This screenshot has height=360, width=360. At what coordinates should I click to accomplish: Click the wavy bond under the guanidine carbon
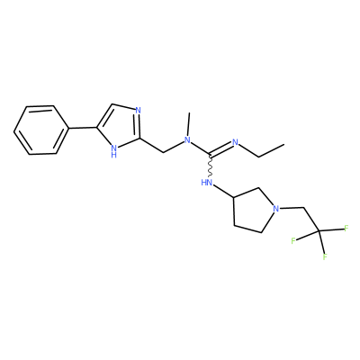211,166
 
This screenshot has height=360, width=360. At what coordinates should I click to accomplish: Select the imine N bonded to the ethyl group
235,142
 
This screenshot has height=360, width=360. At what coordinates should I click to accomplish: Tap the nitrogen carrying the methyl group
187,139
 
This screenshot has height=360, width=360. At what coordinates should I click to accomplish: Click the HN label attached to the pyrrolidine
207,182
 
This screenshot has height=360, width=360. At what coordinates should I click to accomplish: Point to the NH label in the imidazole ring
113,151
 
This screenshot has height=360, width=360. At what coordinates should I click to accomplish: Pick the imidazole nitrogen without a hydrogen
138,110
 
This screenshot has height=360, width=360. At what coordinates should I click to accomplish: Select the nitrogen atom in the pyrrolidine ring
276,208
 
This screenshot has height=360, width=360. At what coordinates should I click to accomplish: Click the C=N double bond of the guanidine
221,149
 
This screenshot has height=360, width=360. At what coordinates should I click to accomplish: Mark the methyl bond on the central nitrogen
189,123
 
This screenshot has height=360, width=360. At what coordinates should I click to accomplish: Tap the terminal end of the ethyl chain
283,145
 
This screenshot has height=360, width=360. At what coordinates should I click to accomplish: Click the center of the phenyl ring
40,130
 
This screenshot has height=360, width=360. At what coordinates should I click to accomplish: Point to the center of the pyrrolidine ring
254,211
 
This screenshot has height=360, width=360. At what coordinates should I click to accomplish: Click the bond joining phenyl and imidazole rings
82,129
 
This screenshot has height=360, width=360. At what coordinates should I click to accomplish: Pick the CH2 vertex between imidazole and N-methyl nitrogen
164,153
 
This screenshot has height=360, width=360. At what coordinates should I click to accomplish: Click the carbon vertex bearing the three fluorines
319,231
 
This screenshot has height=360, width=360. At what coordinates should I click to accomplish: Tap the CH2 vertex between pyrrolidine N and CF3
304,208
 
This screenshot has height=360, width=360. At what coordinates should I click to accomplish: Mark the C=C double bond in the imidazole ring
104,116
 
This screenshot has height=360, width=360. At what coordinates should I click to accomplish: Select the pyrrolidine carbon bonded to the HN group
233,196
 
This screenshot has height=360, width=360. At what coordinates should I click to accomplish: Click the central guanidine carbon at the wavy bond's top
211,155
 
